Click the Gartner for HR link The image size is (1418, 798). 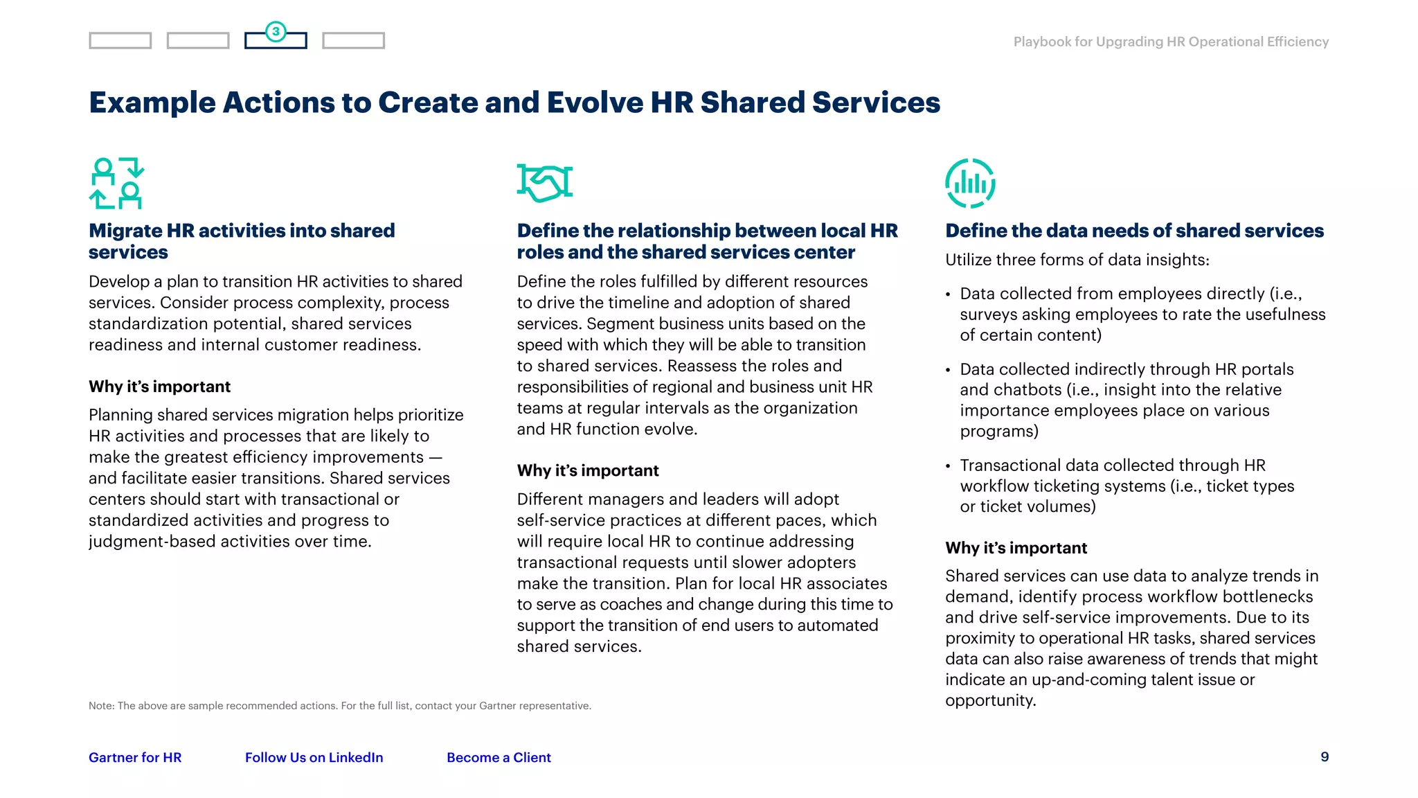[x=135, y=757]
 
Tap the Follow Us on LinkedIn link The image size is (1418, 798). [x=314, y=757]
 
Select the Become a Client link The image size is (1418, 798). [x=499, y=757]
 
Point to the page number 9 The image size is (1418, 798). [x=1325, y=756]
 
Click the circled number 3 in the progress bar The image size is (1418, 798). [x=276, y=31]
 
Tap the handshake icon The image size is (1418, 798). [x=545, y=183]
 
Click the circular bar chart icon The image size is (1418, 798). [x=970, y=183]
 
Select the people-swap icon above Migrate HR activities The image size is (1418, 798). [x=116, y=183]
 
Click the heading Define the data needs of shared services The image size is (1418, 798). [x=1134, y=231]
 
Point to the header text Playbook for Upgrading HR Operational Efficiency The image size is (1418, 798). [x=1171, y=42]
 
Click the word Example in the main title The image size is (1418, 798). [x=152, y=103]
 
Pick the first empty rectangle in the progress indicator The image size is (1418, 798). [x=120, y=41]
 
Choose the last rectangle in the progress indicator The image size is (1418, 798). [x=353, y=41]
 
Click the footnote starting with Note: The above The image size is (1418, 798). [x=339, y=706]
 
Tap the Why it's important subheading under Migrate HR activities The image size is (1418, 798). [x=159, y=387]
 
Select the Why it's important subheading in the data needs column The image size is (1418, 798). [x=1016, y=548]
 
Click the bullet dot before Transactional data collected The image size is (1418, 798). [x=948, y=466]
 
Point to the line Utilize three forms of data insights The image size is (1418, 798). [x=1077, y=260]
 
